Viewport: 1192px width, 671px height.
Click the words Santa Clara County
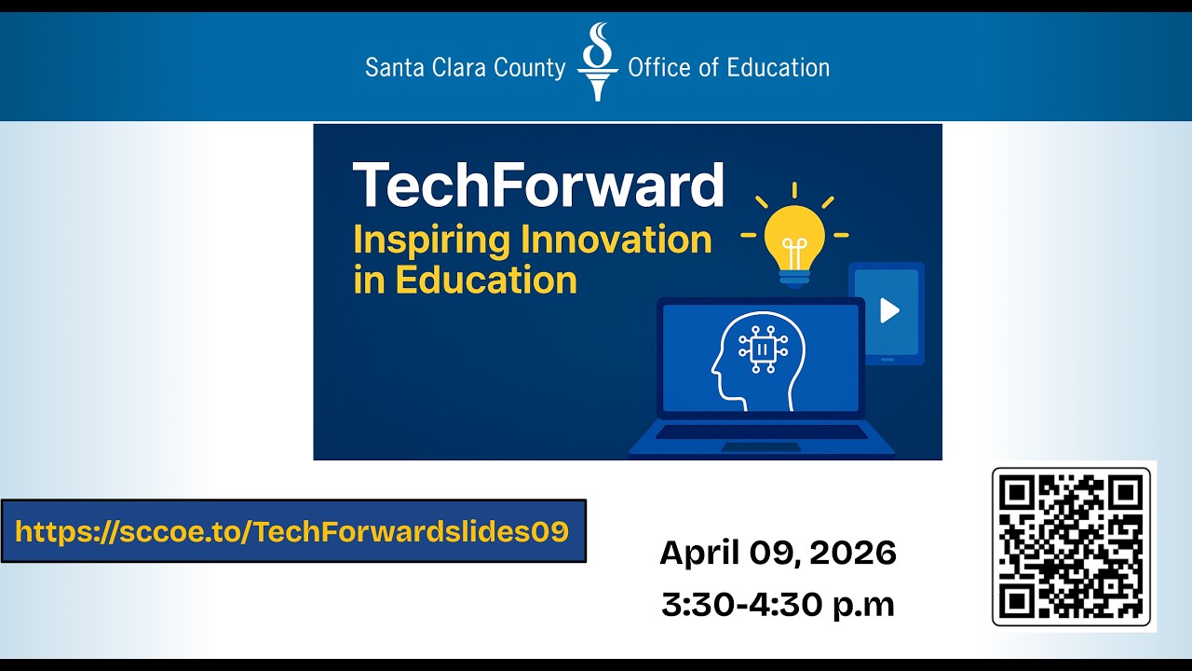(465, 68)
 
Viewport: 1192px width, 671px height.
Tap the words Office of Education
(728, 68)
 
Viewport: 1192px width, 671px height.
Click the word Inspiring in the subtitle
(432, 240)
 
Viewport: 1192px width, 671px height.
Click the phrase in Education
(465, 280)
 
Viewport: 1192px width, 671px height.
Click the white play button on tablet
(889, 310)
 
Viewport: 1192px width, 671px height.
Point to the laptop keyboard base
(761, 438)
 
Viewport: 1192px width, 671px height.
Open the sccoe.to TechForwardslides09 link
(292, 531)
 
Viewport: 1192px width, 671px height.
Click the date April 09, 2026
(778, 554)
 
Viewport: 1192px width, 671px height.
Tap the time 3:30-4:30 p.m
(778, 604)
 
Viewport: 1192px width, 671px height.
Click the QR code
(1071, 546)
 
